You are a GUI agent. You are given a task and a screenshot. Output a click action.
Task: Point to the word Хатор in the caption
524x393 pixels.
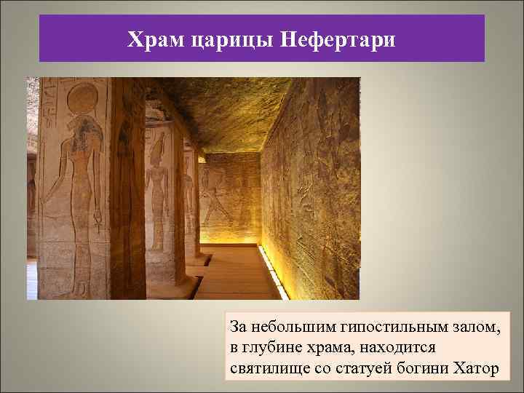475,368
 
